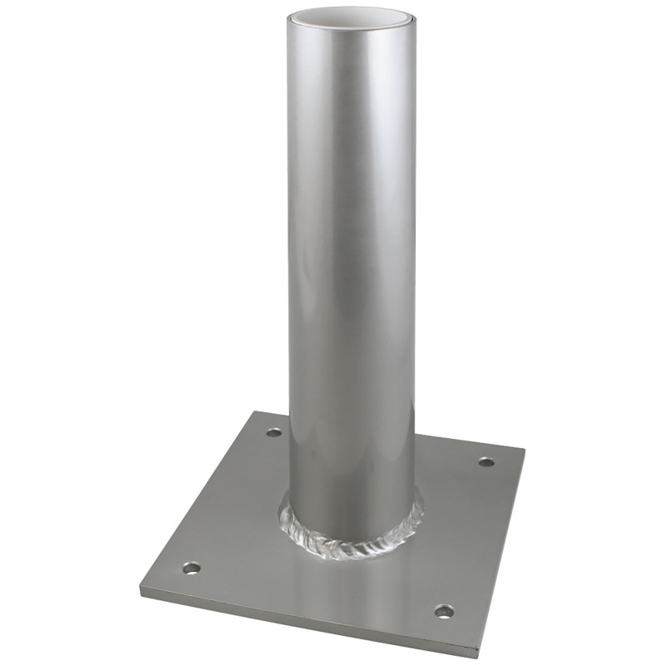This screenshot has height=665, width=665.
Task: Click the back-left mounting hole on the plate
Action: tap(274, 433)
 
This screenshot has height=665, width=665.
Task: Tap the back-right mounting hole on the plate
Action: tap(487, 461)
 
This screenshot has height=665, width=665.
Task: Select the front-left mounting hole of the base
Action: tap(192, 569)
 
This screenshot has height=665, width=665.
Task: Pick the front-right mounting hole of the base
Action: tap(445, 612)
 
